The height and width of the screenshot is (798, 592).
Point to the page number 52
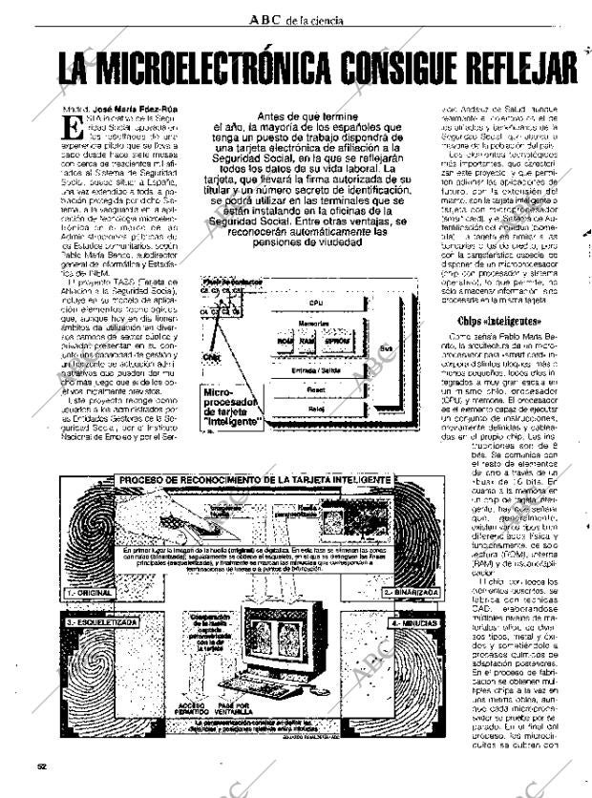40,765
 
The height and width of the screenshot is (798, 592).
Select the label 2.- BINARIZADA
411,593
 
